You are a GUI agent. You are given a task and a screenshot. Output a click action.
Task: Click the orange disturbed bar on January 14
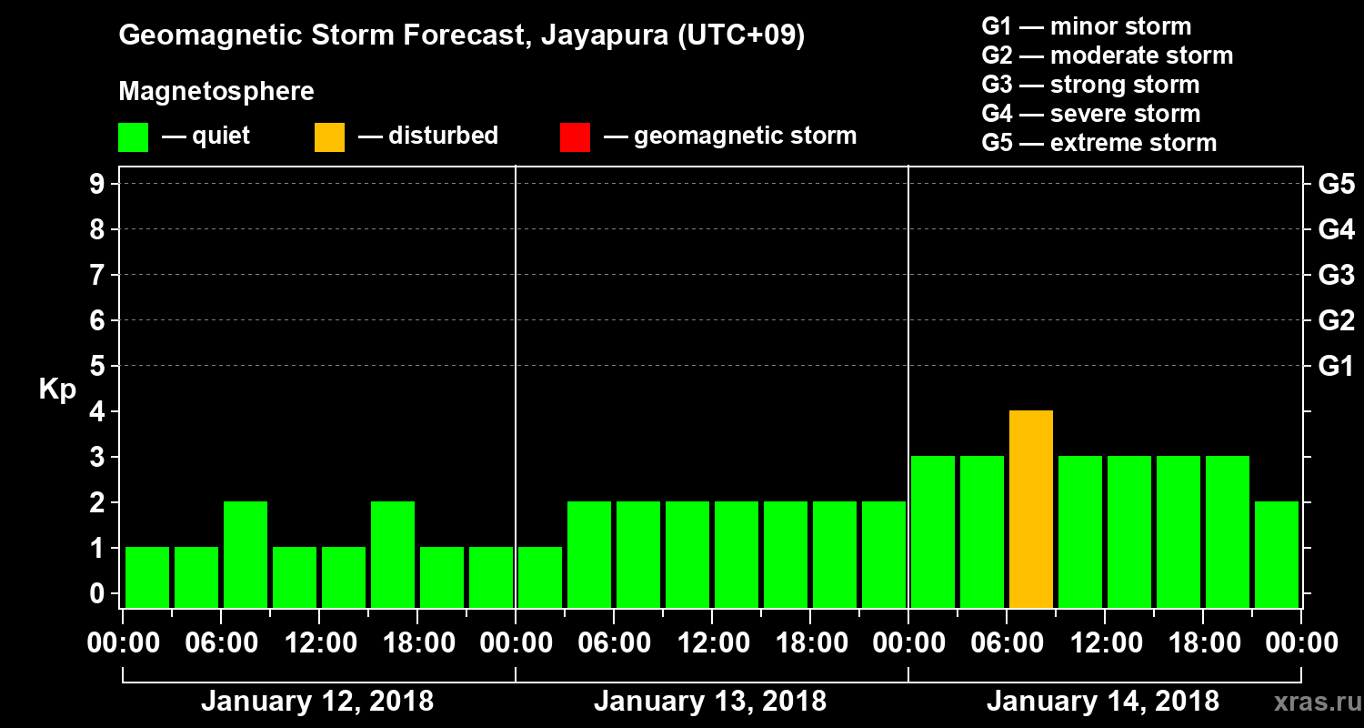click(x=1031, y=510)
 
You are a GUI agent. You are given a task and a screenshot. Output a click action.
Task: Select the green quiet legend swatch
click(x=133, y=136)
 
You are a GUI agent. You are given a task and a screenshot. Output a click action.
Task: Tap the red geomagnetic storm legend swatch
click(x=575, y=136)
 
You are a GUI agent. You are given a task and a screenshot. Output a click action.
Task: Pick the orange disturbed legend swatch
click(x=329, y=136)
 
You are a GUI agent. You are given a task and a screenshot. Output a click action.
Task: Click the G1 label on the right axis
click(x=1336, y=367)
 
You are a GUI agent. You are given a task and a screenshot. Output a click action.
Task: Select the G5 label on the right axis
click(x=1336, y=185)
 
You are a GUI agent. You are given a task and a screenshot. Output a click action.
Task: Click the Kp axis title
click(x=57, y=389)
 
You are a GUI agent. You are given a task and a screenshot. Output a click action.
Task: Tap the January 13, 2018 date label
click(x=710, y=702)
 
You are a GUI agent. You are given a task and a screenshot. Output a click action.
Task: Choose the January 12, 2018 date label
click(x=317, y=702)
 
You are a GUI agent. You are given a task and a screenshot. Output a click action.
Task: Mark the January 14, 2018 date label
click(x=1103, y=702)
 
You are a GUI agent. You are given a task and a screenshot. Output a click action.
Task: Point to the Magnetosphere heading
click(x=216, y=92)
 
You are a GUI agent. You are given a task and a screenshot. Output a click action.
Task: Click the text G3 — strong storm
click(x=1090, y=85)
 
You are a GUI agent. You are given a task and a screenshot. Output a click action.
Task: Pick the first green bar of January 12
click(x=147, y=577)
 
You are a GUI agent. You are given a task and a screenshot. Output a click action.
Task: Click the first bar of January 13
click(x=540, y=577)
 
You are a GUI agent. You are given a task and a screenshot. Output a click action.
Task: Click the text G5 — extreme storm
click(x=1098, y=143)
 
